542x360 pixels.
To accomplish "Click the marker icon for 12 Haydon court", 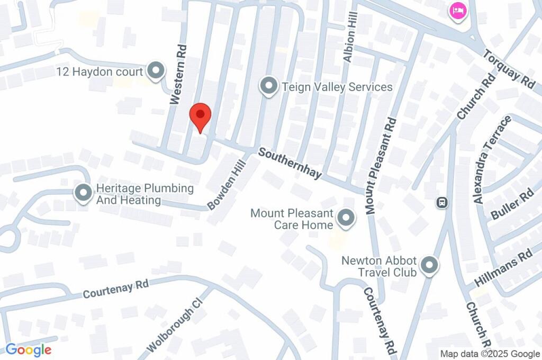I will (x=155, y=71).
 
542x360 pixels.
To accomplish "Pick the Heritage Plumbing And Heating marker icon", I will (x=83, y=194).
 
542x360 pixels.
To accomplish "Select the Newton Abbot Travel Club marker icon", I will (x=429, y=266).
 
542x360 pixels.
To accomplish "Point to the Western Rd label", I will (x=179, y=74).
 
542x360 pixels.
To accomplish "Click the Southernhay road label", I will (x=290, y=163).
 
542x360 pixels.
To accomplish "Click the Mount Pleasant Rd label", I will (x=381, y=166).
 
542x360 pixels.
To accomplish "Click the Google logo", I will (x=28, y=349).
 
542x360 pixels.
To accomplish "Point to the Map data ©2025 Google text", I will (x=490, y=354).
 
